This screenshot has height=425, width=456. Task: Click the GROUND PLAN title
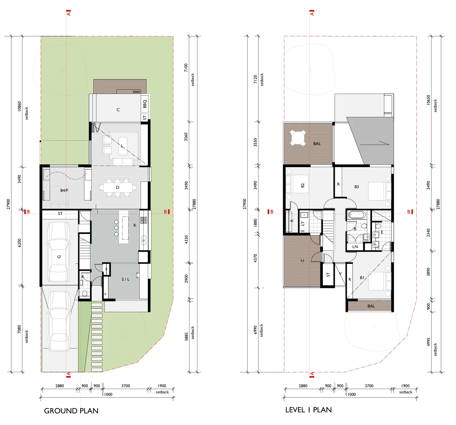[x=71, y=411]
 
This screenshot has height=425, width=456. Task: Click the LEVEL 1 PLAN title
[x=308, y=410]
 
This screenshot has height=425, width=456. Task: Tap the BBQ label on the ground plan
[x=145, y=104]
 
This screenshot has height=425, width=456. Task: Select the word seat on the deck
[x=136, y=92]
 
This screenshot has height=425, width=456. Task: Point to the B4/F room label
[x=64, y=190]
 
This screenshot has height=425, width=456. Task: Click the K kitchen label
[x=135, y=225]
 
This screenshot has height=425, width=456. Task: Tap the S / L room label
[x=126, y=279]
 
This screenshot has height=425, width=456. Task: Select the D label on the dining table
[x=118, y=188]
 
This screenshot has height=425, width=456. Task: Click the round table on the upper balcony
[x=298, y=138]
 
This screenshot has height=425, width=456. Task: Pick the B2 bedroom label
[x=303, y=185]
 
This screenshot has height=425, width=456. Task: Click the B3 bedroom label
[x=357, y=187]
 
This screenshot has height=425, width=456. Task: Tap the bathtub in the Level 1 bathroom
[x=357, y=215]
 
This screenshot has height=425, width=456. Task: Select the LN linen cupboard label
[x=355, y=247]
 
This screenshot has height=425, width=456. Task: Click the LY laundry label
[x=303, y=223]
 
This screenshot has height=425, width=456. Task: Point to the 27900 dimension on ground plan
[x=8, y=204]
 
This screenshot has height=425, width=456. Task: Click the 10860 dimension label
[x=19, y=106]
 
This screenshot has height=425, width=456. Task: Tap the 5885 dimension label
[x=186, y=336]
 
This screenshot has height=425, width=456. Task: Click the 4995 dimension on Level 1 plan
[x=428, y=342]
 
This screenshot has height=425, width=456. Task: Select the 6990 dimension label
[x=255, y=330]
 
